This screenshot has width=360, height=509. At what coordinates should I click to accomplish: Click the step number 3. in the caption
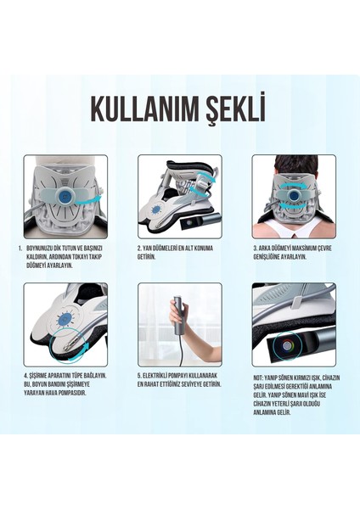pos(255,248)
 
